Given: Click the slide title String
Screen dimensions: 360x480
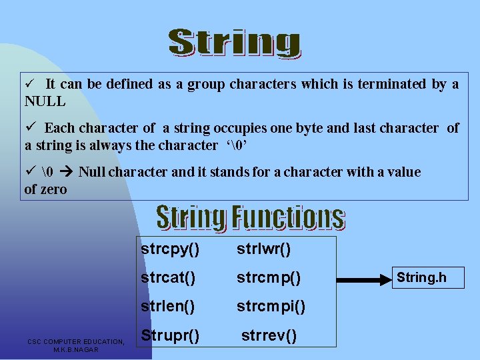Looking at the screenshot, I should point(234,43).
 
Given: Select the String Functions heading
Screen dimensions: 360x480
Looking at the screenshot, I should point(250,217).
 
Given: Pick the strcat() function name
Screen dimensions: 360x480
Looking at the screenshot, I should point(168,278).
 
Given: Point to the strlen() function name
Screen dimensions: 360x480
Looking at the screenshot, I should point(168,307).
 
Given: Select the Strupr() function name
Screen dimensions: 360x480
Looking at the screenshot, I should point(170,335).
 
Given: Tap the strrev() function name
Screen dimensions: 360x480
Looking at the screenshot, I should point(269,335).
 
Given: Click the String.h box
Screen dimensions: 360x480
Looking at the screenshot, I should point(427,277).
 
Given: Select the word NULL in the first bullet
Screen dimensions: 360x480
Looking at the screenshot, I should point(45,102).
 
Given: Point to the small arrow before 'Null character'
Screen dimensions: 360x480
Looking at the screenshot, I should point(65,172).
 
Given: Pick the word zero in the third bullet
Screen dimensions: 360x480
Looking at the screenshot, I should point(53,189).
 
